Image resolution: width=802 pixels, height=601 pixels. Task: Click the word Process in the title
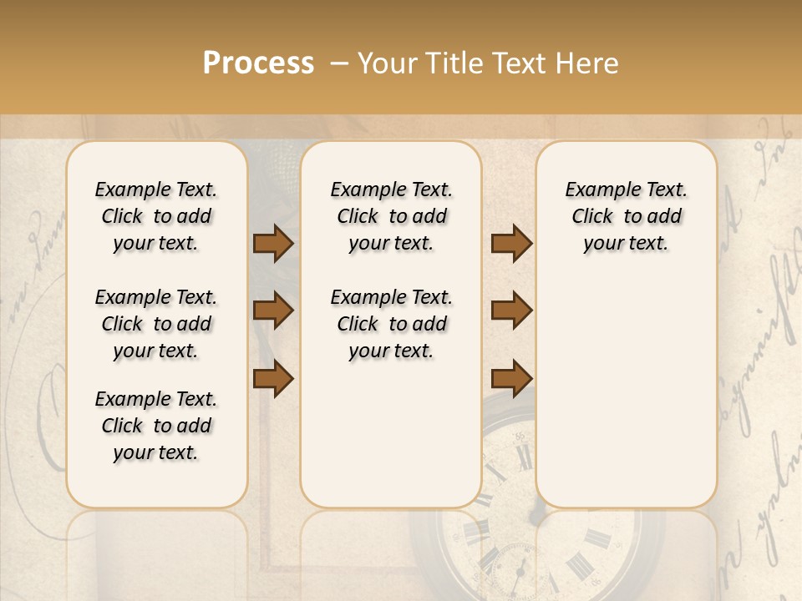[x=258, y=63]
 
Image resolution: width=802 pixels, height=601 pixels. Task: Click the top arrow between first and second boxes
[x=273, y=243]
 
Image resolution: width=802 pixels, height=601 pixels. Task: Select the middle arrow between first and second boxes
[x=273, y=311]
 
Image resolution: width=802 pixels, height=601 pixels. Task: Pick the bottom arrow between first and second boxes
[x=273, y=378]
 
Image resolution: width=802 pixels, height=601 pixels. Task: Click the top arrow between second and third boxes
[x=511, y=243]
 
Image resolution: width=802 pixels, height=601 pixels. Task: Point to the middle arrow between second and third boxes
[x=511, y=311]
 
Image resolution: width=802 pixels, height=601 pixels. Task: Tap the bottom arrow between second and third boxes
[x=511, y=378]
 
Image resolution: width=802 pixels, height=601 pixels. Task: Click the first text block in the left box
[x=156, y=216]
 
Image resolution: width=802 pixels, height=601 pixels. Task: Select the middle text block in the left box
[x=156, y=324]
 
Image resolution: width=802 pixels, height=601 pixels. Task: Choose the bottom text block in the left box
[x=156, y=426]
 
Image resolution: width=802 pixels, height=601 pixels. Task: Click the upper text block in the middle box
[x=391, y=216]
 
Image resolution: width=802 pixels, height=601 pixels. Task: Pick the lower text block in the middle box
[x=391, y=324]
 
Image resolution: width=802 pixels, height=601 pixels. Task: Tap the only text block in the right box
[x=626, y=216]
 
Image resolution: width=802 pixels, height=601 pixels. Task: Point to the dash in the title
[x=339, y=64]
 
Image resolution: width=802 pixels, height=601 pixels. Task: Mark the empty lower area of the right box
[x=626, y=392]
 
